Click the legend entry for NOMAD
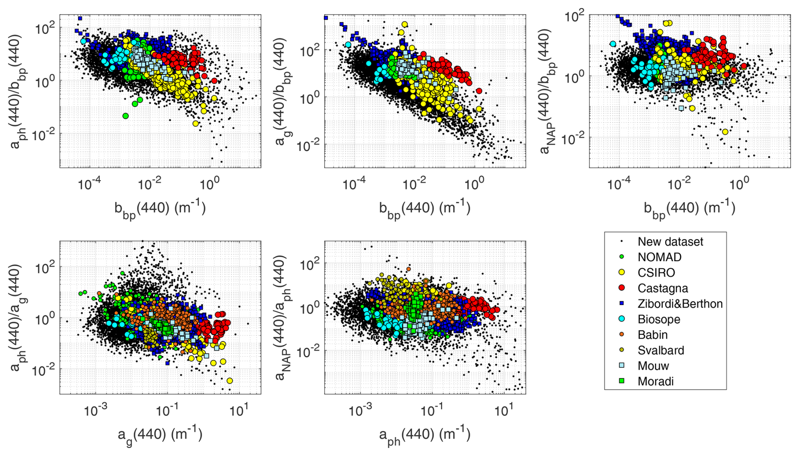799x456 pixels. click(659, 257)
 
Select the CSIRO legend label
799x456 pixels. click(656, 273)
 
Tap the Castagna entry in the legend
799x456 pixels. click(663, 288)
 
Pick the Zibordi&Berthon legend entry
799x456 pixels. click(680, 304)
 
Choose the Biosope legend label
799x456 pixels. click(659, 319)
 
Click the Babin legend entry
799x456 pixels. click(652, 335)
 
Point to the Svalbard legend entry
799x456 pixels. click(660, 350)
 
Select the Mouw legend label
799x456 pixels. click(653, 366)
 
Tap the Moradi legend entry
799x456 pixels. click(655, 381)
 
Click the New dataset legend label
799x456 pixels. click(670, 242)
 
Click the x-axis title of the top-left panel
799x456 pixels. click(160, 208)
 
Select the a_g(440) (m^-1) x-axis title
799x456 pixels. click(160, 435)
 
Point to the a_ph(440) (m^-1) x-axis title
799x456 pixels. click(425, 435)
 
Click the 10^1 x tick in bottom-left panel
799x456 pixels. click(239, 410)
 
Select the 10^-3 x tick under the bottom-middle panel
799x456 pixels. click(360, 410)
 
